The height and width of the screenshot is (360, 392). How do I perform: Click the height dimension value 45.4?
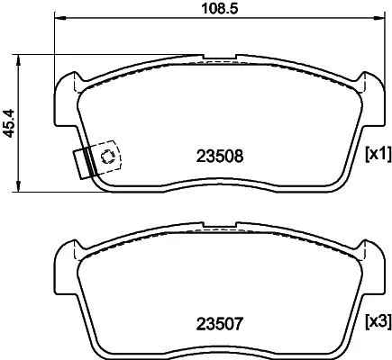click(x=11, y=122)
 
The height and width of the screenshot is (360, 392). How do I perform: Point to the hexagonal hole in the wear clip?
click(x=107, y=157)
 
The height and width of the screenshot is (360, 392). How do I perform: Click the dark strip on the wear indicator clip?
click(x=88, y=162)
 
